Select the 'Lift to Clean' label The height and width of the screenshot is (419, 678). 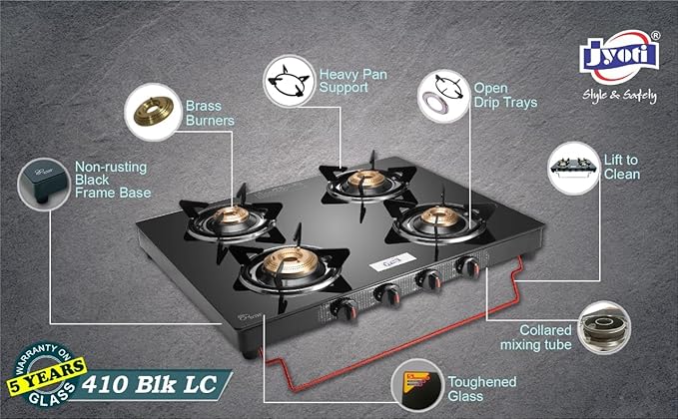point(622,166)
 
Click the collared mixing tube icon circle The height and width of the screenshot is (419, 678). point(603,326)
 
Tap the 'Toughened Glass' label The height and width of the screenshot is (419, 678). point(482,389)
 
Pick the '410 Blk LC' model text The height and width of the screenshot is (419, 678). point(154,382)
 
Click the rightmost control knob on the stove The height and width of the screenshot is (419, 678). point(464,266)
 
